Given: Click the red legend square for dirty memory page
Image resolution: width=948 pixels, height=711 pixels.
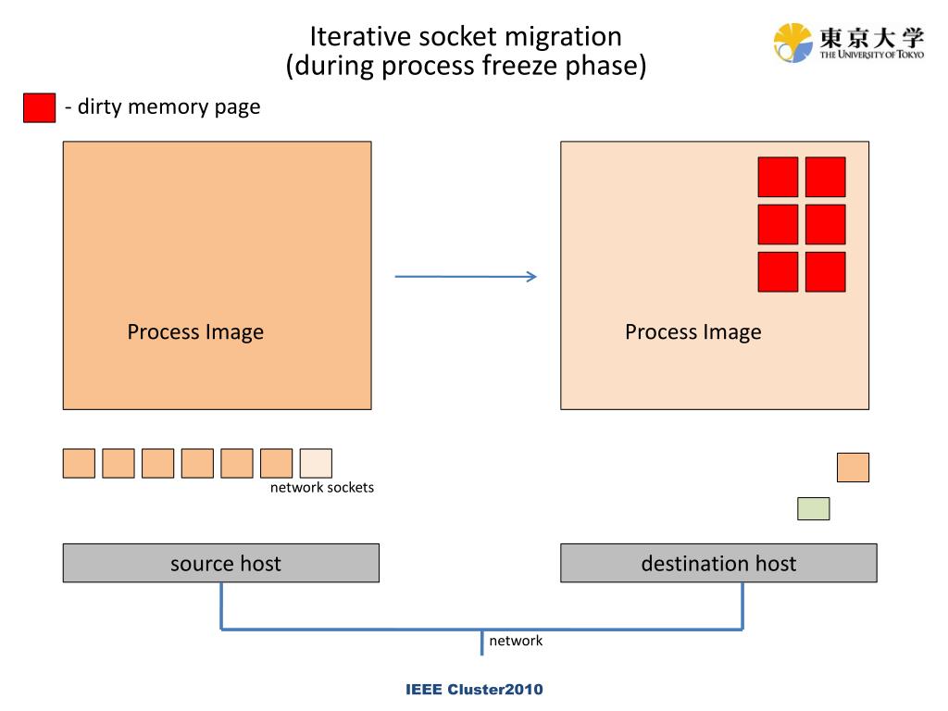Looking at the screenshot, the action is pos(39,107).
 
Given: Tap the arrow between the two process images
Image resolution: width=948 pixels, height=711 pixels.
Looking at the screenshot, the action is pos(466,276).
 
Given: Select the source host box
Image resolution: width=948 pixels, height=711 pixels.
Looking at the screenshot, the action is pos(220,563).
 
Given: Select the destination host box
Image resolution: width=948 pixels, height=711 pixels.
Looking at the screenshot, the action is pos(718,563).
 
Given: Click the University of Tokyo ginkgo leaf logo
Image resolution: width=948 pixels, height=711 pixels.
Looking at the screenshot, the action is pos(792,43).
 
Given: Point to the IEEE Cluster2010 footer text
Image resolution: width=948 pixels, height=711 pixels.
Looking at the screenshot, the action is pos(474,689).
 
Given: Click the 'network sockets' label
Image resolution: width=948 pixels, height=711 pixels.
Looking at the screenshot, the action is pos(321,487).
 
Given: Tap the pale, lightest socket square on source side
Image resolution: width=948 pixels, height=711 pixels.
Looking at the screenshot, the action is pos(316,463).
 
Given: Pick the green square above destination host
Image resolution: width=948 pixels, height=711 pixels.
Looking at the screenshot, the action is pos(813,508).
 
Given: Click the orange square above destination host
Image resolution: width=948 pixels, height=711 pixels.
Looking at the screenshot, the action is pos(853,468).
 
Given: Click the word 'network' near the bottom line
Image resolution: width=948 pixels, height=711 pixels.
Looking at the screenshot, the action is pos(516,641).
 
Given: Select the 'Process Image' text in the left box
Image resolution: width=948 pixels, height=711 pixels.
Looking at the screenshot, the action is pos(195,332).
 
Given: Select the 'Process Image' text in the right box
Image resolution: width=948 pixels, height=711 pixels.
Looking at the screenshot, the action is pos(692,332).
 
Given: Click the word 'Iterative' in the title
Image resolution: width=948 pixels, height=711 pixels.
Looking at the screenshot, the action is pos(360,36).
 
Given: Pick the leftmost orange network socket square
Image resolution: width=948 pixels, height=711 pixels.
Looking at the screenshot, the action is pos(79,463).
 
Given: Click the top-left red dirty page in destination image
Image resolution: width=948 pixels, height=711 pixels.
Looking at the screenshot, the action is pos(778,177).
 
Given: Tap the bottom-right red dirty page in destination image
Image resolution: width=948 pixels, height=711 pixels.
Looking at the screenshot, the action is pos(825,272).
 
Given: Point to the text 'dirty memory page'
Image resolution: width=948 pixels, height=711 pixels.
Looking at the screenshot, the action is pos(168,107).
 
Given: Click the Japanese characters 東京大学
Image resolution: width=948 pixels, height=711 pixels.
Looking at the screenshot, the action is pos(872,37).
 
